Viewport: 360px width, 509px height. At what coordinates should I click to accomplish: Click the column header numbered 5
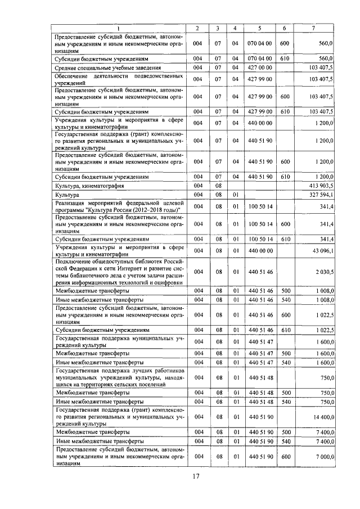pyautogui.click(x=259, y=28)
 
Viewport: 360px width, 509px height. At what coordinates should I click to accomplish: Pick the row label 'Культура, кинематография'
pyautogui.click(x=89, y=185)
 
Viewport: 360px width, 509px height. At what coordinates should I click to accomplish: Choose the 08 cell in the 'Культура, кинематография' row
pyautogui.click(x=217, y=185)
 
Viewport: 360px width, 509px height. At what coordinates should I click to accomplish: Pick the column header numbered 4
pyautogui.click(x=235, y=28)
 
